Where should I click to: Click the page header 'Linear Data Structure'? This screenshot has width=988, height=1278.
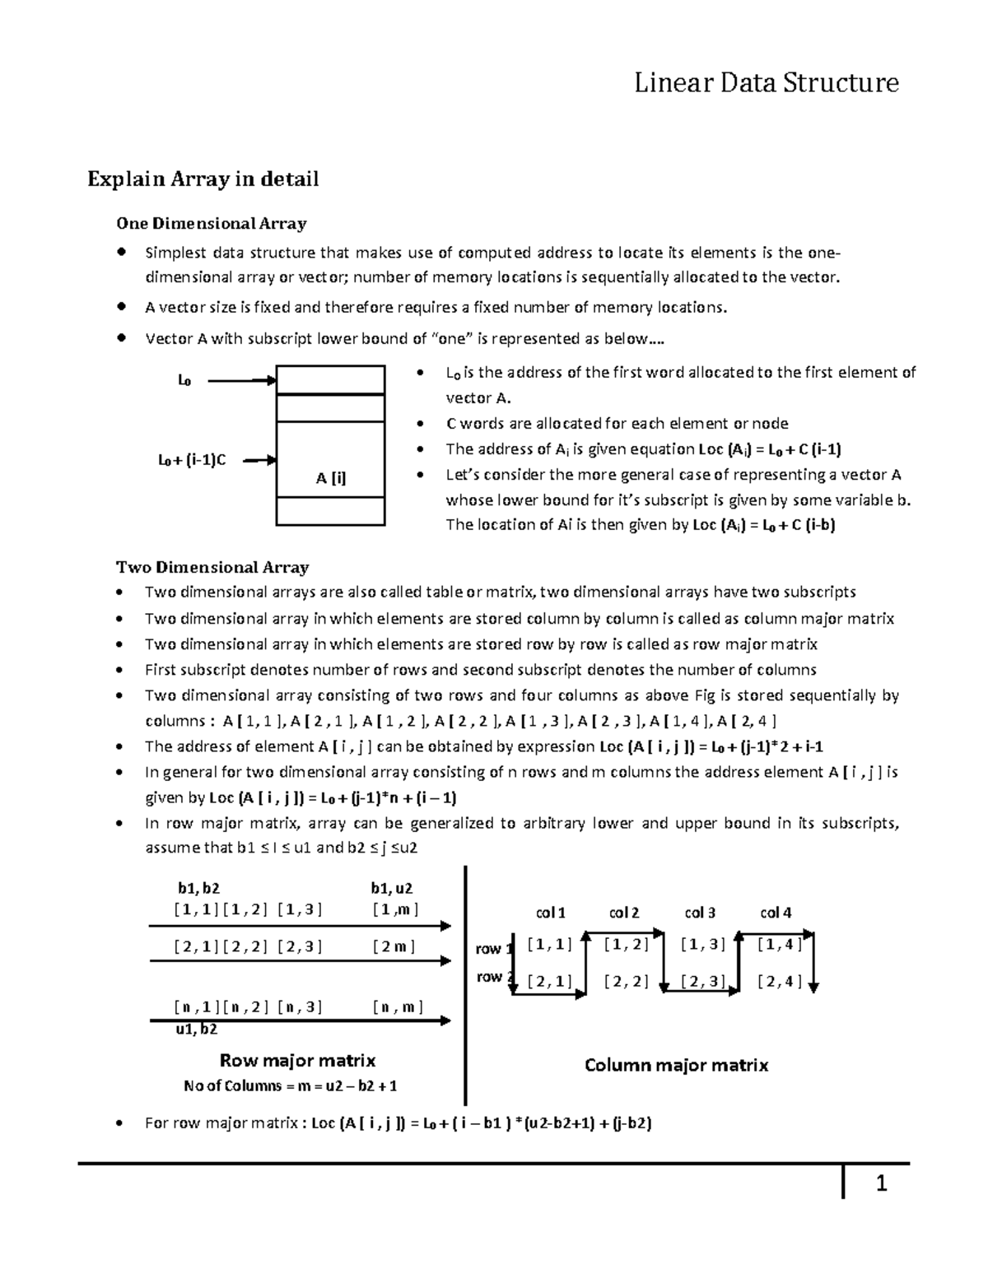pos(766,82)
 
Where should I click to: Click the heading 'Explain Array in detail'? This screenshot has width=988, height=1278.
pos(203,179)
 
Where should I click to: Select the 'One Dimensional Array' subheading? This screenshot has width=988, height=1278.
pos(211,223)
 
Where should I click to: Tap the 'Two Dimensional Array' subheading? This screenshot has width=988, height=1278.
pos(212,567)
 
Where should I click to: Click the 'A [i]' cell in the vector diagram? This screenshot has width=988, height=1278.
pos(330,478)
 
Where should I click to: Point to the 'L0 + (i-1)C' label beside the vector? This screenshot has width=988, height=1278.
pos(192,460)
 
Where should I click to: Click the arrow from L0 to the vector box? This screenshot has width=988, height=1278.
pos(241,380)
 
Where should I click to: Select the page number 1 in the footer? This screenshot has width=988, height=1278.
pos(880,1184)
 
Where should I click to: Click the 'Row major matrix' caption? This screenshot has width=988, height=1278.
pos(297,1060)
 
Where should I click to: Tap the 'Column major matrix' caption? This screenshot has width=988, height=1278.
pos(676,1065)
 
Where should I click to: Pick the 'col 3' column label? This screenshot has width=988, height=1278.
pos(700,913)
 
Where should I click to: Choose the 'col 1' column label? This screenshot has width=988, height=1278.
pos(551,913)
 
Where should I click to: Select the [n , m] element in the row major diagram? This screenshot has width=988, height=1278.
pos(397,1006)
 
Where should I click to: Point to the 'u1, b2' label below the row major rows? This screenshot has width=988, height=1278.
pos(197,1029)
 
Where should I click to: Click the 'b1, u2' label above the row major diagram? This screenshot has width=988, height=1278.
pos(391,888)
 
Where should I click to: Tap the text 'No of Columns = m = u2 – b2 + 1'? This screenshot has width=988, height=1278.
pos(291,1085)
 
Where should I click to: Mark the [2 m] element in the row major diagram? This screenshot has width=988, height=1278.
pos(394,946)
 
